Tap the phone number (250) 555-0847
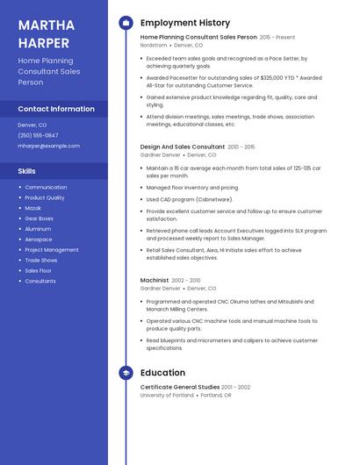point(38,135)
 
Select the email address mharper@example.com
point(48,146)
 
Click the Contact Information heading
point(56,109)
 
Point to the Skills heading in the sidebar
point(27,170)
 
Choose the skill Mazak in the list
point(34,208)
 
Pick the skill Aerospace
point(39,240)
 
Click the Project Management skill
point(52,250)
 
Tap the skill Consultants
point(40,281)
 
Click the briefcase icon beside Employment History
point(125,23)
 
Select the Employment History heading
point(184,23)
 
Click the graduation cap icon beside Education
point(125,372)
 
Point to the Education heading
point(162,372)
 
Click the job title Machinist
point(155,280)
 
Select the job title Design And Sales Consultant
point(182,147)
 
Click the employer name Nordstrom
point(154,45)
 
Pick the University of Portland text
point(167,395)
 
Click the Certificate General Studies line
point(180,387)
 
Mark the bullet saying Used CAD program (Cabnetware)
point(189,199)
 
